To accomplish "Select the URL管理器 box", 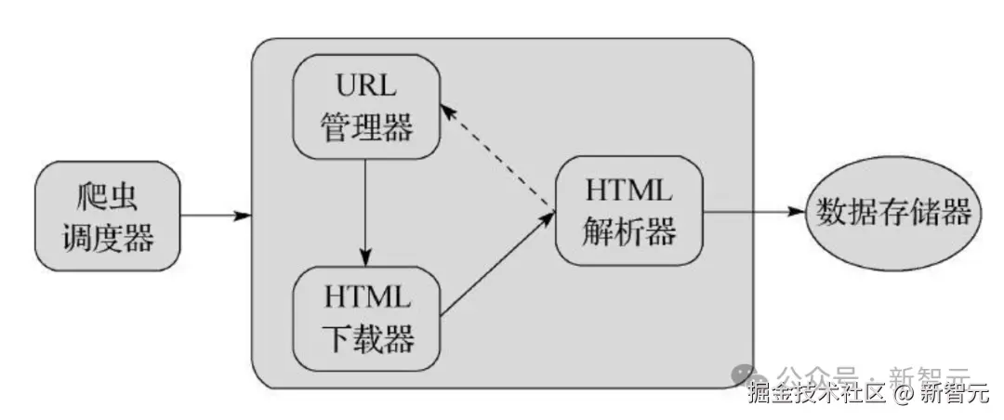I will tap(366, 106).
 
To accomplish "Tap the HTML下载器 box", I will tap(366, 317).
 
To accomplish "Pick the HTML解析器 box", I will tap(628, 212).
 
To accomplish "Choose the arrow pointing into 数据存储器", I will tap(753, 212).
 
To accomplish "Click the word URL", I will tap(367, 88).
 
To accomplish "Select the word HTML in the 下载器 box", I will tap(367, 297).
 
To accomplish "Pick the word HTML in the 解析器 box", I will tap(628, 192).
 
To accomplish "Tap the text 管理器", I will tap(367, 127).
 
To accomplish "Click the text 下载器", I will tap(367, 338).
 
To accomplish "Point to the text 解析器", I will tap(628, 233).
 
